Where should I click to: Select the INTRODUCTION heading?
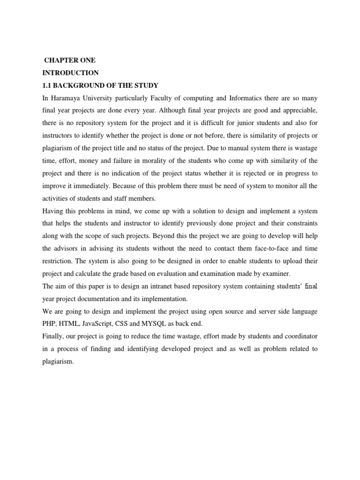[x=70, y=73]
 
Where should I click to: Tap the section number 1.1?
[x=47, y=85]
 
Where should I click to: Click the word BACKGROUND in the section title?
[x=80, y=85]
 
